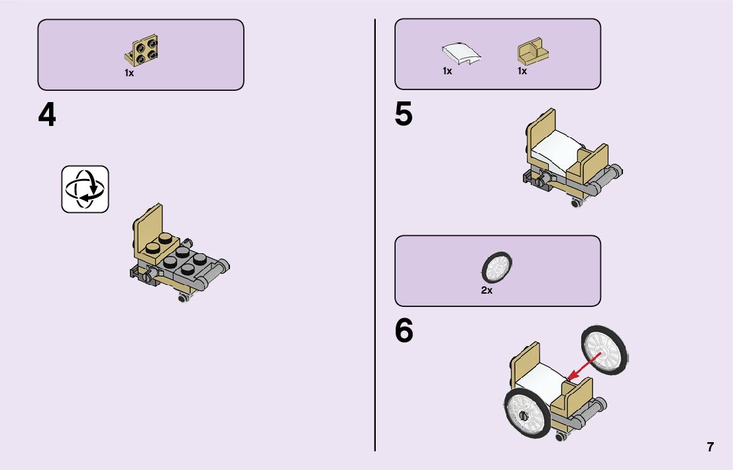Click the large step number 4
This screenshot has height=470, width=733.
click(47, 115)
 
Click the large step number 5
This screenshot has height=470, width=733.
click(403, 115)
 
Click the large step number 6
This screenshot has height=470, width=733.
click(404, 331)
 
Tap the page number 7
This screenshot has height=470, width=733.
click(710, 447)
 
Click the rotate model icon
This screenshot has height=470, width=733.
click(85, 189)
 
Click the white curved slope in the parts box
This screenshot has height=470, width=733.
click(461, 54)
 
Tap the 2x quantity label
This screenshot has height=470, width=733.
click(487, 290)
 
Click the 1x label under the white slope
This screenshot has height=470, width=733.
click(447, 71)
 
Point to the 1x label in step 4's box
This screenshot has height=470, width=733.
click(129, 74)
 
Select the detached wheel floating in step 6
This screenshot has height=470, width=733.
click(604, 349)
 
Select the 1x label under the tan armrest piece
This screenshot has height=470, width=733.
click(522, 71)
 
